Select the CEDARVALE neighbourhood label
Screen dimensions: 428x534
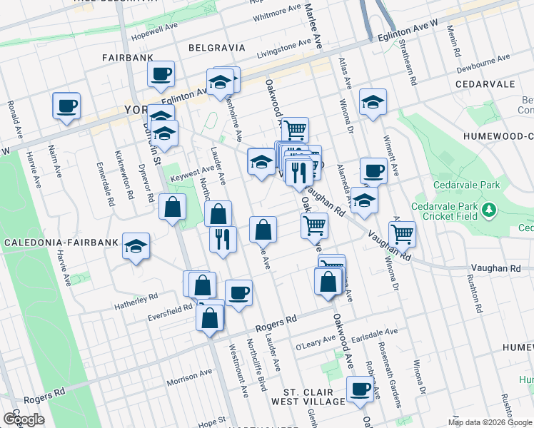485,84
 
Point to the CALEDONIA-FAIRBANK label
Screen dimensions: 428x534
60,243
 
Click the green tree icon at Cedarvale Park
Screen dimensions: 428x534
489,210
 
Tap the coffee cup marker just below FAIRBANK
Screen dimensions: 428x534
161,73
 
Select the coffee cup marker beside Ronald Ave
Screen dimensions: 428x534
66,106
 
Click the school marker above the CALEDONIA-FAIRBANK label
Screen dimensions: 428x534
136,247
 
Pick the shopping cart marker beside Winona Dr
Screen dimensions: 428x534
403,233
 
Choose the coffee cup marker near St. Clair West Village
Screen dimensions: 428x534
360,389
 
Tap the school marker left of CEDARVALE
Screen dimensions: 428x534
373,102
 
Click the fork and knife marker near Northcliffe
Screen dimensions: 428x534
223,238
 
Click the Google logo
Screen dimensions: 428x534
24,419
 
